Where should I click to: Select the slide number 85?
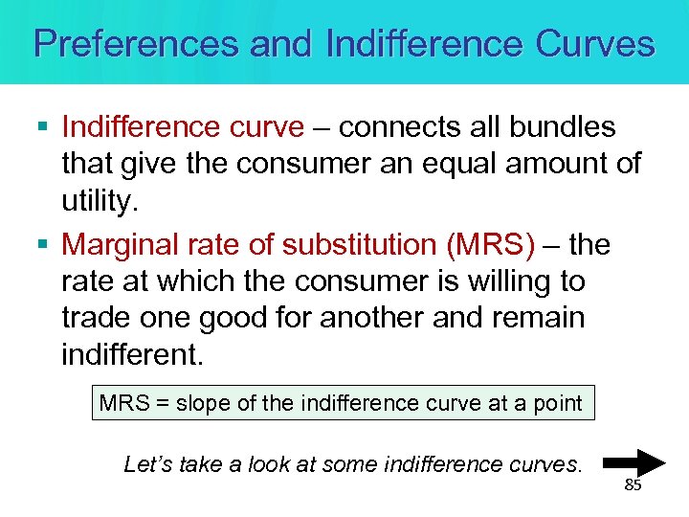(x=633, y=485)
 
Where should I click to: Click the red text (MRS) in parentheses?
(x=490, y=245)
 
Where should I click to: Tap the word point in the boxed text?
(x=558, y=403)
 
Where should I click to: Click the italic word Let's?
(x=147, y=465)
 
